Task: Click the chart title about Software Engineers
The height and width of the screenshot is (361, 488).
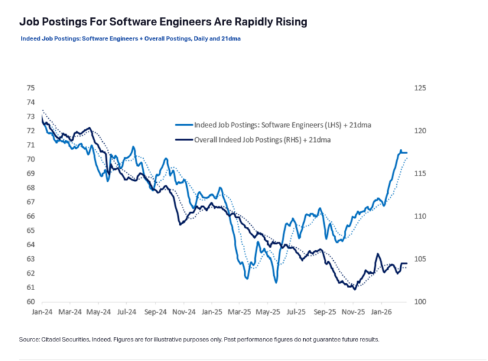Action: click(163, 22)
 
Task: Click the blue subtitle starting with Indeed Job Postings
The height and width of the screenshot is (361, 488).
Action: click(131, 38)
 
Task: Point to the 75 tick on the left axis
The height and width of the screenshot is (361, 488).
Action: click(30, 88)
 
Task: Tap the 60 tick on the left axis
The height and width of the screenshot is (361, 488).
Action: click(30, 302)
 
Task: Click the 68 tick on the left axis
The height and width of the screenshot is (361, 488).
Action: click(30, 188)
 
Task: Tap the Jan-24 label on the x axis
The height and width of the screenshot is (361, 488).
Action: click(42, 312)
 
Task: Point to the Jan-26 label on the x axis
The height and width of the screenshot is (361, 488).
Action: click(380, 312)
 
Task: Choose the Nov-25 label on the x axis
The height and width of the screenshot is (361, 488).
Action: click(351, 312)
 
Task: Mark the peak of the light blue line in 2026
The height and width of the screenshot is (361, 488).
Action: click(401, 150)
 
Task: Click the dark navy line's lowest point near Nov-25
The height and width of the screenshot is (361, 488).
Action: click(355, 289)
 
